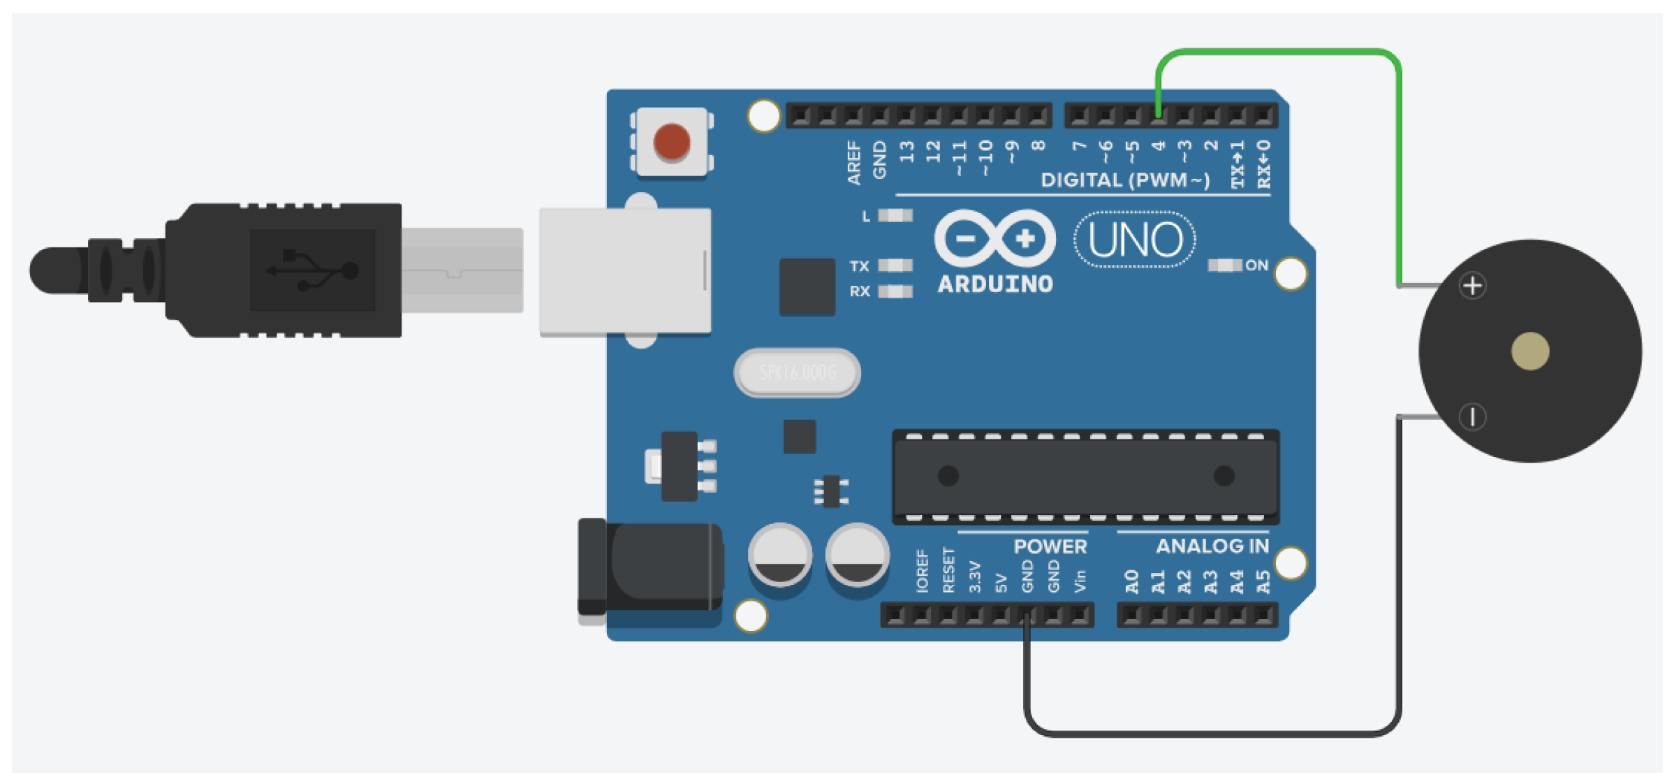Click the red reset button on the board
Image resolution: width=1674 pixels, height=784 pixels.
click(671, 141)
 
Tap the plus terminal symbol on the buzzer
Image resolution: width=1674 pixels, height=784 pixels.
click(1472, 286)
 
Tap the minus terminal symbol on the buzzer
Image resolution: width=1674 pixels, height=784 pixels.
click(1472, 416)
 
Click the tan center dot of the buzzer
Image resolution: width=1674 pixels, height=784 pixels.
click(1529, 351)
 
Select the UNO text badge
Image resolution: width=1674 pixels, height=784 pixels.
click(1135, 240)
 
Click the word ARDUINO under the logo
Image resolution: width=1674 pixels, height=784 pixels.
click(994, 284)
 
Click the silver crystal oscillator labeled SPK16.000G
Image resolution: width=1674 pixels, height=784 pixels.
click(797, 372)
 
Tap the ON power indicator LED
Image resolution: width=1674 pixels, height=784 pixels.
click(1224, 266)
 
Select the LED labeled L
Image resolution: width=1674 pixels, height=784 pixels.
click(895, 216)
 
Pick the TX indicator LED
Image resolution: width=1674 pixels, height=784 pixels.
click(895, 266)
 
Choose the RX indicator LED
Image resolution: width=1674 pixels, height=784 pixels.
click(895, 291)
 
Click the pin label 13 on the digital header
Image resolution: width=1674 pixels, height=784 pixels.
click(906, 152)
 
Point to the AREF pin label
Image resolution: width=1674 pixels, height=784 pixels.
click(853, 162)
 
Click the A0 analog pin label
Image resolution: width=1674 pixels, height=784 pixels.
click(1131, 581)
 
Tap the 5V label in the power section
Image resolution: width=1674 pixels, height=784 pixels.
click(1001, 583)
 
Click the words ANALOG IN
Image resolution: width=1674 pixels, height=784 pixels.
click(1212, 546)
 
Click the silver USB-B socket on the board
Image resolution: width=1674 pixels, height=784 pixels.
click(625, 271)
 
